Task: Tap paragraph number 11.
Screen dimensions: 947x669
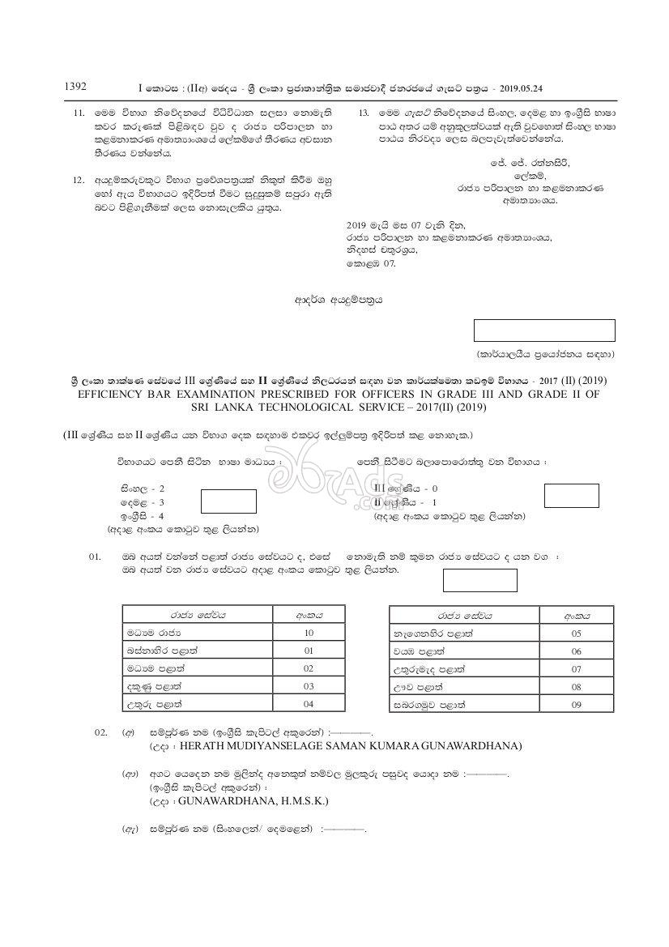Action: [x=79, y=113]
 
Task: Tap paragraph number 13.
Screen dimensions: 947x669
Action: [x=364, y=113]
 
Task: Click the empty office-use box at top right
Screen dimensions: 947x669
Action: [x=543, y=331]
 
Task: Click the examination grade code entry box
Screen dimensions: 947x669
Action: [x=571, y=495]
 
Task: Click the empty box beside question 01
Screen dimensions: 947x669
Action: [x=479, y=580]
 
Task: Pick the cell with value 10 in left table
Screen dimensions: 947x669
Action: [x=308, y=633]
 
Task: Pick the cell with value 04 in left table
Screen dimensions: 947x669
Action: [x=308, y=703]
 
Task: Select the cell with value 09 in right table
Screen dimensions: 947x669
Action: [x=576, y=705]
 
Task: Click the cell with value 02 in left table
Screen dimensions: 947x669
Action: [x=308, y=668]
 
